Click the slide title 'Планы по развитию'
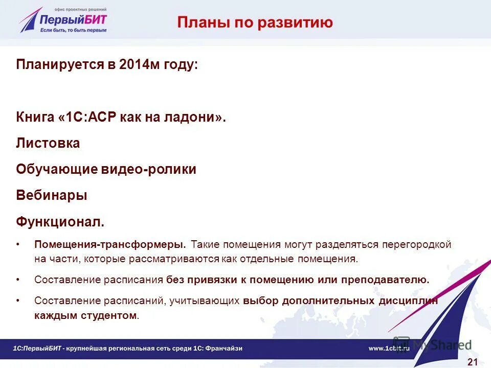pyautogui.click(x=255, y=22)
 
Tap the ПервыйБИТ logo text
pyautogui.click(x=74, y=18)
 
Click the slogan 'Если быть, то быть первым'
pyautogui.click(x=74, y=30)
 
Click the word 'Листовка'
pyautogui.click(x=48, y=144)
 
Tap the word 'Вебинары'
pyautogui.click(x=51, y=196)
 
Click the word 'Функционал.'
pyautogui.click(x=60, y=222)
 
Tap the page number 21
pyautogui.click(x=473, y=362)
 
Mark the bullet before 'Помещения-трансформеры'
pyautogui.click(x=18, y=244)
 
